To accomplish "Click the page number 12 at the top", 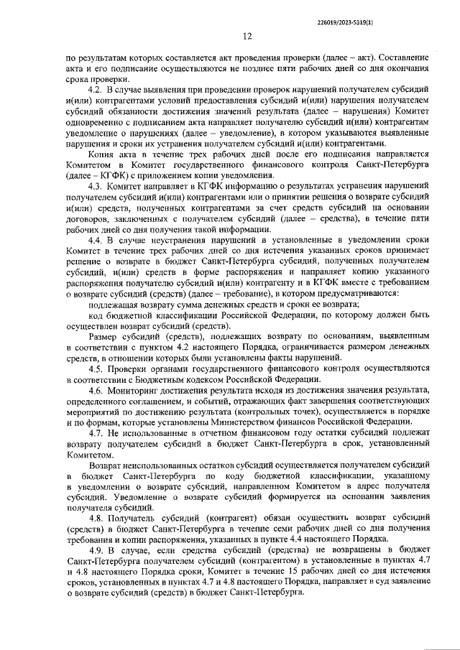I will (247, 36).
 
